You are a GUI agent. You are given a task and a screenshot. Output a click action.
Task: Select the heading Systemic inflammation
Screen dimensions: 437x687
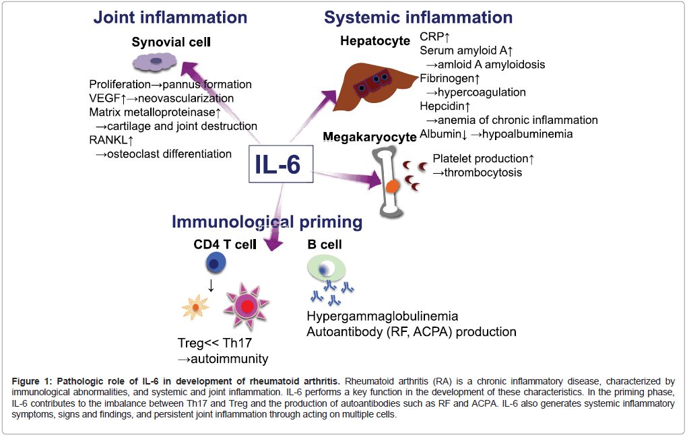(418, 17)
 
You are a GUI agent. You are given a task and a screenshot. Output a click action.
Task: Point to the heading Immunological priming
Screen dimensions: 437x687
(267, 222)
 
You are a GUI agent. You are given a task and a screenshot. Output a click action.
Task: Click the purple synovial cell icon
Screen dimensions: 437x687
(156, 62)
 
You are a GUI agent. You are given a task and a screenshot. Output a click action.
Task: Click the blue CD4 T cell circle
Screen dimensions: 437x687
(211, 263)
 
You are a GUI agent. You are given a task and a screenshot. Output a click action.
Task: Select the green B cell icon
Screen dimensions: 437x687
(326, 269)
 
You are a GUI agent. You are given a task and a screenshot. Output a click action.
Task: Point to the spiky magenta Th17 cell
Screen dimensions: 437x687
(247, 306)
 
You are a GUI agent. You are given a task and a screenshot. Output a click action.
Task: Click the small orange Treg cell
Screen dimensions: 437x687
(196, 307)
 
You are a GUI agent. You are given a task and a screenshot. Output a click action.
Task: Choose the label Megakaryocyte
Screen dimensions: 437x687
(369, 137)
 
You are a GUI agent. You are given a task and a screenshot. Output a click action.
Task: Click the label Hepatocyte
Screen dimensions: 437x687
(375, 41)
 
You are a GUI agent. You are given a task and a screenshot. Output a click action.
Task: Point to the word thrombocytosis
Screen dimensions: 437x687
(482, 173)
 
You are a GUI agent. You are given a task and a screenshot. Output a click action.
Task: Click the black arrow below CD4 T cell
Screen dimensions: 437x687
(211, 285)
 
